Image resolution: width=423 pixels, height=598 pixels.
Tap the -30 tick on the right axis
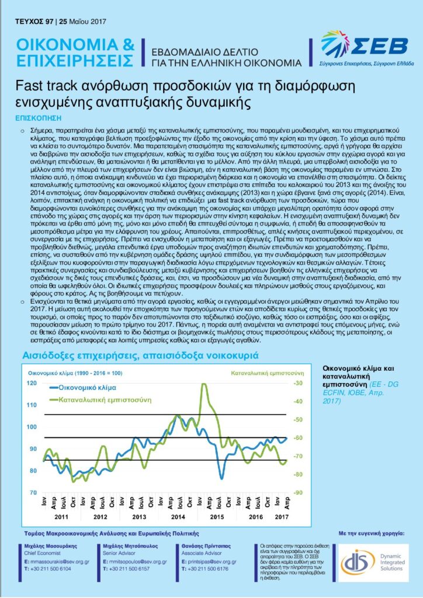298,383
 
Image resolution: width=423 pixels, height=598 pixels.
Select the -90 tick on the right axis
298,493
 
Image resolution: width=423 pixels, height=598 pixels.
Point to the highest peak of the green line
203,384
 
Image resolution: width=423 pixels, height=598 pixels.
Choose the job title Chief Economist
44,550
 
